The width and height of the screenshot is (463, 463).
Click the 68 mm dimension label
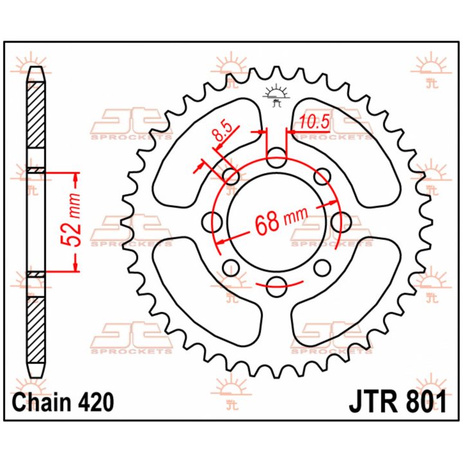(281, 221)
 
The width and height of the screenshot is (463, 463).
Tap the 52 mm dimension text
(70, 221)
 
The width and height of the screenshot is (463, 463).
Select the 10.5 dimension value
(314, 122)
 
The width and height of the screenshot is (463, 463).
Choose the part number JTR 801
(398, 401)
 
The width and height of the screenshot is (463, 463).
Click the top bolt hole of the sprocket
(277, 158)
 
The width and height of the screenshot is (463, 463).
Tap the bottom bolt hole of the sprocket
(277, 286)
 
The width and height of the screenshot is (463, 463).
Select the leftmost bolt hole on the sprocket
(213, 222)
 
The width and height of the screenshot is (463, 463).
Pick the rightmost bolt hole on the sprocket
(341, 222)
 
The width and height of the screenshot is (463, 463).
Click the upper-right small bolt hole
(322, 177)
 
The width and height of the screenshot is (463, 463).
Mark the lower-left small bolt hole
(231, 268)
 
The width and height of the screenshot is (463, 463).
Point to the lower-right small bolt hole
(322, 268)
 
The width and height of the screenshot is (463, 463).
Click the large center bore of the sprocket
(277, 222)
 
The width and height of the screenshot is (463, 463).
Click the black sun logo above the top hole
(277, 95)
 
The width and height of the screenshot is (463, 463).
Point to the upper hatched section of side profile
(36, 115)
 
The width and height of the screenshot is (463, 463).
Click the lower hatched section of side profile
(37, 330)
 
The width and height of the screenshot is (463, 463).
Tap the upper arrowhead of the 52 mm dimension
(76, 177)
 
